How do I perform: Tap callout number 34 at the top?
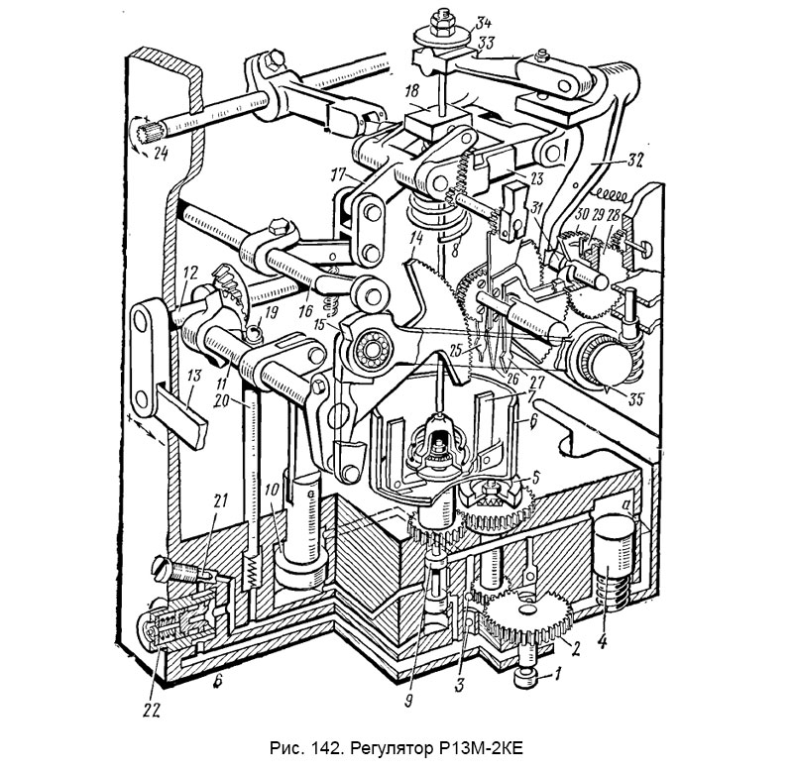485,23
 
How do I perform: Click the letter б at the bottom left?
216,683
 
